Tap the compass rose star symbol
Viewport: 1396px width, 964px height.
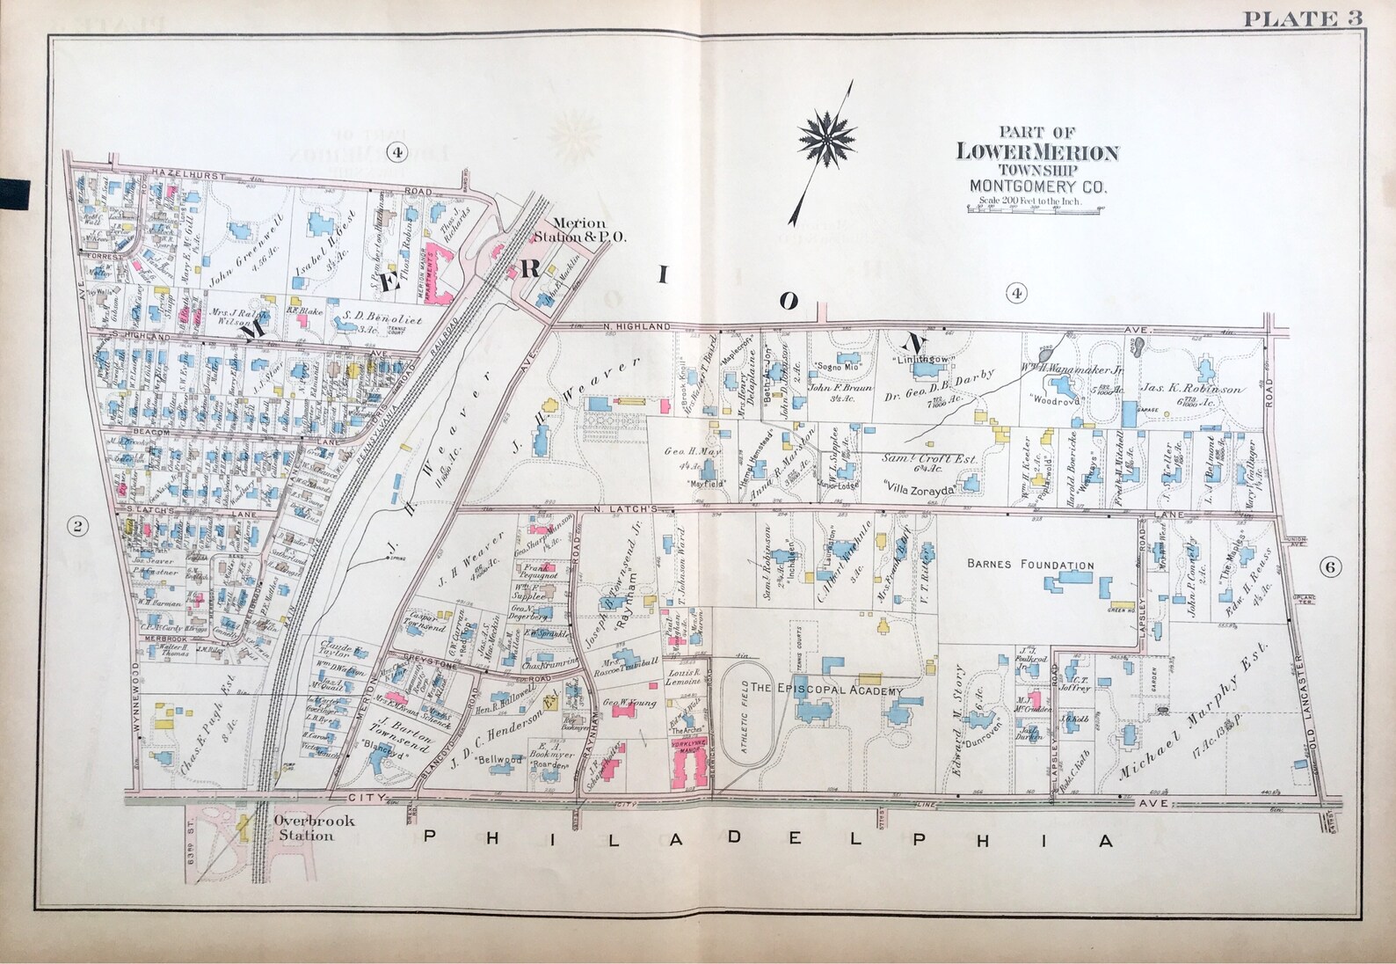[828, 139]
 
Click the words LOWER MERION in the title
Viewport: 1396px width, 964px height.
[1037, 152]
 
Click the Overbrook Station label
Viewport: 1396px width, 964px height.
[304, 828]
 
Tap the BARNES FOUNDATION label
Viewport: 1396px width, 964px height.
[1030, 566]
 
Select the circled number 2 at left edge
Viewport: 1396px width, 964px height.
[77, 527]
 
